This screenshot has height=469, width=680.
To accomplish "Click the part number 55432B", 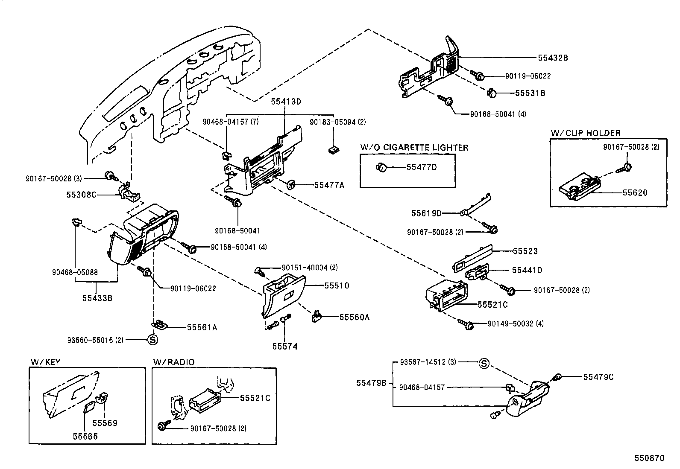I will click(553, 58).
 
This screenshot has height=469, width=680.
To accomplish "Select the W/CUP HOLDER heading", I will click(585, 133).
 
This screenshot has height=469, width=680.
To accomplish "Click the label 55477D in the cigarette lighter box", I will click(421, 167).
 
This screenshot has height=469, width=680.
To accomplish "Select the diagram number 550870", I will click(649, 458).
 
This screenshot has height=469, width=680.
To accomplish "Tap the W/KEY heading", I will click(45, 362).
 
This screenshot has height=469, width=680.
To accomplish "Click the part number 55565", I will click(85, 436).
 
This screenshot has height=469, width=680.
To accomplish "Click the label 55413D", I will click(286, 102).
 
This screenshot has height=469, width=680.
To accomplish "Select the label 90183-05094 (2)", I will click(337, 122).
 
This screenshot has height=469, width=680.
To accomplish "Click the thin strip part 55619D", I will click(476, 204).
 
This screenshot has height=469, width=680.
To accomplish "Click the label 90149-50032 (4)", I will click(516, 323).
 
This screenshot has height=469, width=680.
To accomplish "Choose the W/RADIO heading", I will click(173, 362).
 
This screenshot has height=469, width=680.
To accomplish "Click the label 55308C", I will click(81, 195).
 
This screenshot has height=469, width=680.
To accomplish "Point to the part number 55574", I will click(285, 347).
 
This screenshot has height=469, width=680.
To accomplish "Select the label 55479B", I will click(371, 383).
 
